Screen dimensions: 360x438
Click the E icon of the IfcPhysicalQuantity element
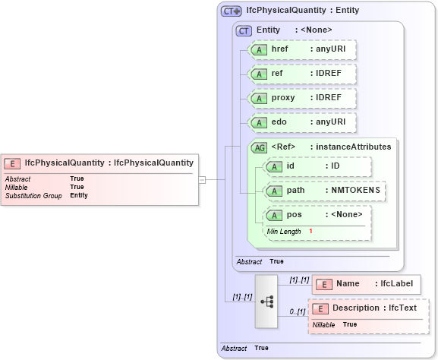13,163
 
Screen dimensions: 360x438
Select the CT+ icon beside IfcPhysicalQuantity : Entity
231,11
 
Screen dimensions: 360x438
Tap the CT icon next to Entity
244,30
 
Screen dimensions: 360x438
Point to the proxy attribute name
283,98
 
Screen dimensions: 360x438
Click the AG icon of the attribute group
259,147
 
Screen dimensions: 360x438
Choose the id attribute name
291,166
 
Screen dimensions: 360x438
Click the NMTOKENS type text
355,190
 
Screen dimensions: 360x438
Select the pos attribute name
294,214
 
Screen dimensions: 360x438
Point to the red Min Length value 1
310,231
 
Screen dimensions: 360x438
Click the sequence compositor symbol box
267,301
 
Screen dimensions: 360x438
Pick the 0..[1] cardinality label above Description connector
297,311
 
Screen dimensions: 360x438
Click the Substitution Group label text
33,195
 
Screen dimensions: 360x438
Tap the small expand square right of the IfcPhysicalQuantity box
202,179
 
